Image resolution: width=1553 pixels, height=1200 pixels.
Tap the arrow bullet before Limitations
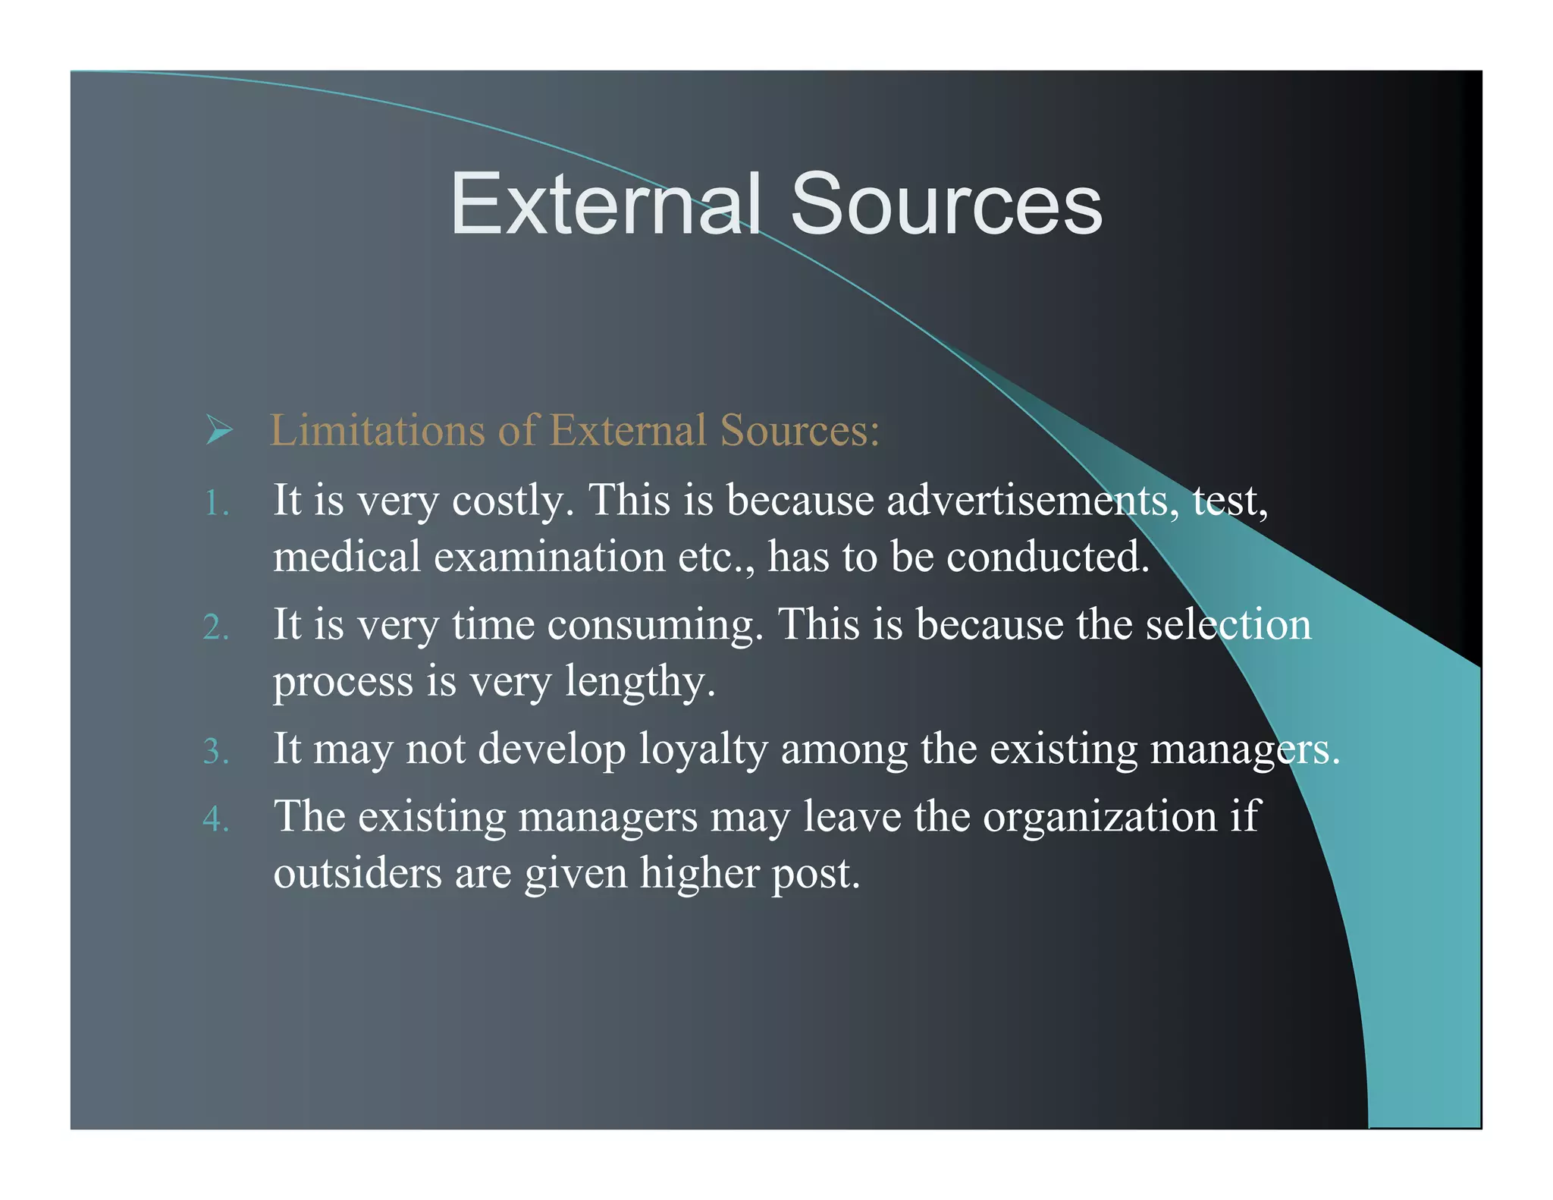point(218,430)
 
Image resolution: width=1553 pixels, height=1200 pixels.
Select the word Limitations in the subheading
point(378,430)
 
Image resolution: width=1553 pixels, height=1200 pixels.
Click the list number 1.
point(215,503)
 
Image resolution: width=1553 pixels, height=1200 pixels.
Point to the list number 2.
point(215,627)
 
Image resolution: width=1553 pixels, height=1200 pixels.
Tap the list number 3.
point(215,752)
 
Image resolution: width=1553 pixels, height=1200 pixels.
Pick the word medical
point(347,556)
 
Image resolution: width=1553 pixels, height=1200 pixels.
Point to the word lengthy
point(640,681)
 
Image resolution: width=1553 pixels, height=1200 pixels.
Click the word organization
point(1100,817)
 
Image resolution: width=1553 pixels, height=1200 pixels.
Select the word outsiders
point(357,873)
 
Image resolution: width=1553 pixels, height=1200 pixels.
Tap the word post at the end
point(816,875)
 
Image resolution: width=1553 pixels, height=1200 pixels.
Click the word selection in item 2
point(1228,625)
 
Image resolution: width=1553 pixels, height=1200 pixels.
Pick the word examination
point(549,556)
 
